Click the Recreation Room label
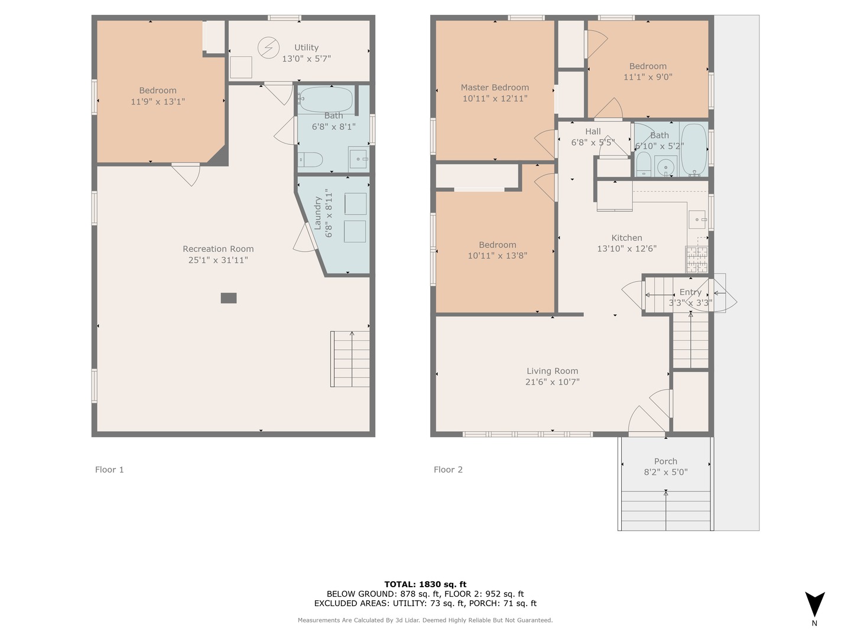tap(218, 249)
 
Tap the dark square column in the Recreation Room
tap(229, 298)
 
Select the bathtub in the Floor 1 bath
tap(326, 100)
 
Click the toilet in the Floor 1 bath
tap(310, 159)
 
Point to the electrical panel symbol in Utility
tap(269, 47)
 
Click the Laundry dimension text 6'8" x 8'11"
tap(329, 213)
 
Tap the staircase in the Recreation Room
tap(350, 359)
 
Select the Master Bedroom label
tap(495, 87)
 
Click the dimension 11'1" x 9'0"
tap(648, 77)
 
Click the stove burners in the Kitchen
tap(696, 259)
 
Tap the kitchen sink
tap(698, 220)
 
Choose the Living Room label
tap(552, 371)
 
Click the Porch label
tap(665, 461)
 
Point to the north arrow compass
tap(814, 604)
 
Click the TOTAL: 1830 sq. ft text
tap(425, 584)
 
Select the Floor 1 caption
tap(109, 470)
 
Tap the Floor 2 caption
tap(448, 470)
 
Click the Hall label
tap(593, 132)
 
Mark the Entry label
tap(690, 292)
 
